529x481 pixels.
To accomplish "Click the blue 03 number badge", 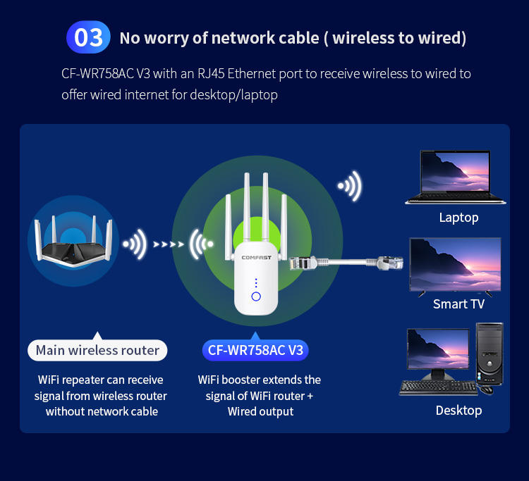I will [x=88, y=37].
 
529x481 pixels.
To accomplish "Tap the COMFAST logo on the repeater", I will [x=256, y=256].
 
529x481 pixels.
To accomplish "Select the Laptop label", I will [x=458, y=218].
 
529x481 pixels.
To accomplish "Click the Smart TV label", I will [x=458, y=304].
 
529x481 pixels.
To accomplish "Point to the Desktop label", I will [x=458, y=410].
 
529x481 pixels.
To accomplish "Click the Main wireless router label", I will [x=97, y=350].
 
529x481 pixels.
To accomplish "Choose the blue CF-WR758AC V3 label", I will [x=255, y=350].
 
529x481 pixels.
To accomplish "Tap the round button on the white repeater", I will [x=256, y=296].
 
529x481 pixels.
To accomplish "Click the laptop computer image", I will [x=455, y=177].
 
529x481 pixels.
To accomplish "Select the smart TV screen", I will [x=455, y=264].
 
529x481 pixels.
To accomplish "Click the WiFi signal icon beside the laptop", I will [x=350, y=187].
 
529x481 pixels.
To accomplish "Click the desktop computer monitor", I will [x=437, y=350].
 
